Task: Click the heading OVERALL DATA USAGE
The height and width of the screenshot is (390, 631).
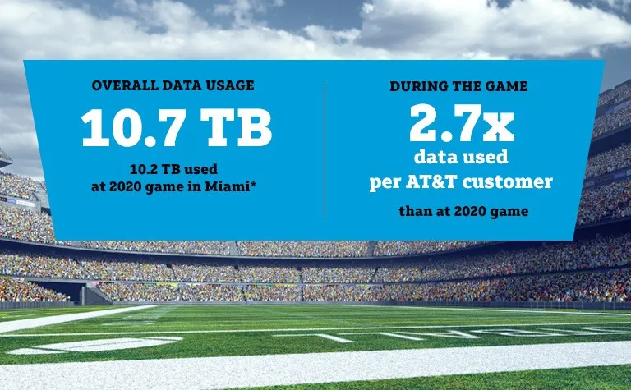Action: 173,86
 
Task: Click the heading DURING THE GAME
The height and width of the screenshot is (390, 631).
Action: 459,86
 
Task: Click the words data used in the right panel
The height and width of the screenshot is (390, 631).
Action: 461,158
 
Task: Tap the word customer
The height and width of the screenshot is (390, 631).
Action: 518,182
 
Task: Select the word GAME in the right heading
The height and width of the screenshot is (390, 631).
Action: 509,86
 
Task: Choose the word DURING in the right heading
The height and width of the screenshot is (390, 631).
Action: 418,86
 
